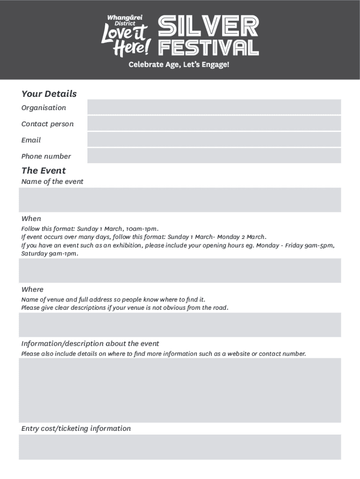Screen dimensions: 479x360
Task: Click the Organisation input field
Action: click(x=214, y=107)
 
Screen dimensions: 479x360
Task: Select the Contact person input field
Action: click(x=214, y=123)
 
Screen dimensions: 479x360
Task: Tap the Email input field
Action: click(x=214, y=139)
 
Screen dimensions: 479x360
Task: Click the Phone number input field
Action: click(x=214, y=156)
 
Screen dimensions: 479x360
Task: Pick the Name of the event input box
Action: click(x=180, y=200)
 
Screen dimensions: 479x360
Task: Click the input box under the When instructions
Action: click(x=180, y=270)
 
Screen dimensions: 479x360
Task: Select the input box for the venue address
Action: click(x=180, y=325)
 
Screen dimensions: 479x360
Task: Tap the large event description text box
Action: click(x=180, y=390)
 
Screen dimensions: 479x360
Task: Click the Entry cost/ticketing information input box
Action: click(x=180, y=447)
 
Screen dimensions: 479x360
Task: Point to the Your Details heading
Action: click(x=49, y=94)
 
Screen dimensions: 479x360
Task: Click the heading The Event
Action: click(x=43, y=171)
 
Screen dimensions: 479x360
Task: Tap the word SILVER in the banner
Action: click(x=209, y=26)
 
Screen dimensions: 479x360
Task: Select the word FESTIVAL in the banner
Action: click(x=209, y=48)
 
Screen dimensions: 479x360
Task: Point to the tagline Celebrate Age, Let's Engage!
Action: click(x=179, y=65)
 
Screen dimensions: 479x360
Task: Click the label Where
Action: click(x=32, y=290)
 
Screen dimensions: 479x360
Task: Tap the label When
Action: click(x=31, y=218)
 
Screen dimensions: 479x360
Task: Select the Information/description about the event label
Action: click(x=90, y=344)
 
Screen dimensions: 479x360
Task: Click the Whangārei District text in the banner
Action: click(x=125, y=20)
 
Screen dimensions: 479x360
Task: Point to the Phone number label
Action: click(x=46, y=156)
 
